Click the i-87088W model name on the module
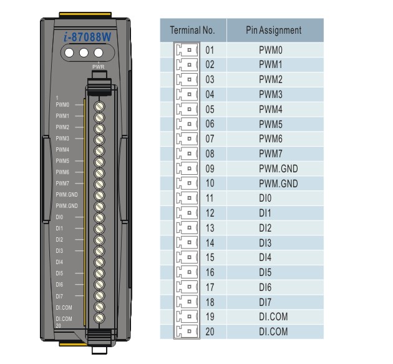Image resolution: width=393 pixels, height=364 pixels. point(87,37)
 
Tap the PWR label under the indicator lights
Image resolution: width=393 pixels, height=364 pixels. point(99,67)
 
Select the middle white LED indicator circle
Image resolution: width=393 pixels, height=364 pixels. point(84,53)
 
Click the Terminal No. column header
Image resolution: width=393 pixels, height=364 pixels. point(193,30)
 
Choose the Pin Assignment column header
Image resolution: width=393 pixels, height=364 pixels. point(274,30)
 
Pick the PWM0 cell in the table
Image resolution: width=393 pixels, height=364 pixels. point(271,50)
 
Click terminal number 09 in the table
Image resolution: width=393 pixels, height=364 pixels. point(210,169)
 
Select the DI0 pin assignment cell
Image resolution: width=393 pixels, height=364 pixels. point(265,198)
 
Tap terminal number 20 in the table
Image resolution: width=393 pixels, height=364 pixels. point(210,332)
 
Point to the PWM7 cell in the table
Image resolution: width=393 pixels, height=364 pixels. point(271,154)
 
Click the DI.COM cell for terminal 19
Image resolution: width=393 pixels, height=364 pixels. point(273,317)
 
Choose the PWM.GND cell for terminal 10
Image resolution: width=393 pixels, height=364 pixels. point(278,184)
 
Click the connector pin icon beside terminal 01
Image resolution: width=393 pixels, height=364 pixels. point(187,50)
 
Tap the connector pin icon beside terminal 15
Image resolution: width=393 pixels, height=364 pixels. point(187,257)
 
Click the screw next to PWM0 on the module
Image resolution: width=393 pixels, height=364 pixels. point(99,106)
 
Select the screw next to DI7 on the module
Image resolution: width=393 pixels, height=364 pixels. point(99,295)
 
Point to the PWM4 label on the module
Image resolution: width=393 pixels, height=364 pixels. point(62,150)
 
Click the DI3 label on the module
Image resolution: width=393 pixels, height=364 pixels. point(59,251)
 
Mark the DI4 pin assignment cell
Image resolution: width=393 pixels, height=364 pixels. point(265,257)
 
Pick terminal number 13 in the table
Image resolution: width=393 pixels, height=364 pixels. point(210,228)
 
